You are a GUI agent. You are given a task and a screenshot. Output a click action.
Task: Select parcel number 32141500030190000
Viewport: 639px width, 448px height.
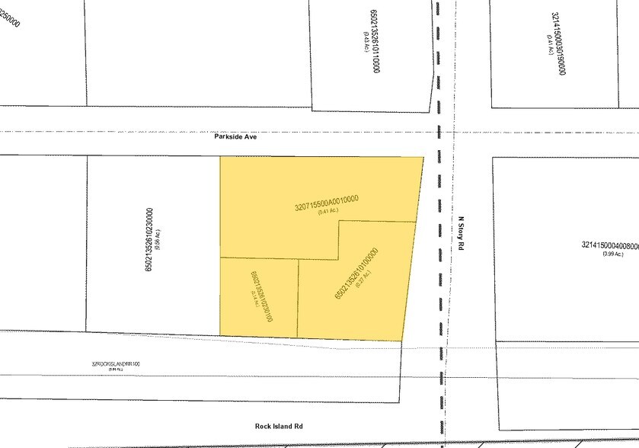coord(558,43)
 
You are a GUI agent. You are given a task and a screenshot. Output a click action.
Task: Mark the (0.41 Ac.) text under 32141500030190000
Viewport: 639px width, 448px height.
coord(549,43)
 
